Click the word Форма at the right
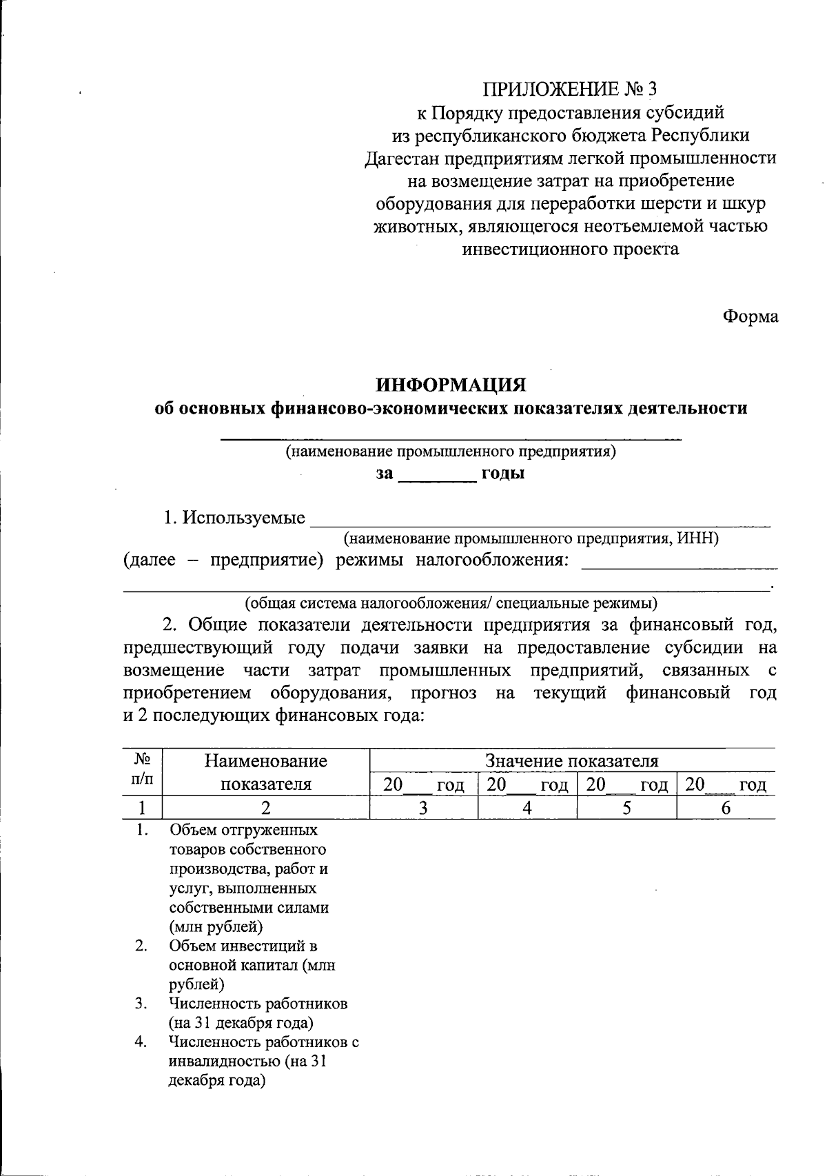click(x=750, y=316)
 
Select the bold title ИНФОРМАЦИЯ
click(x=451, y=383)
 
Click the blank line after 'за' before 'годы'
click(x=438, y=476)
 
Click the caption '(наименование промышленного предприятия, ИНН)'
click(x=531, y=538)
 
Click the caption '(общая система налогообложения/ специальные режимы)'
click(x=451, y=604)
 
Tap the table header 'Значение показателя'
click(x=572, y=761)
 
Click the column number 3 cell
click(x=424, y=809)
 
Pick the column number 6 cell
click(x=726, y=809)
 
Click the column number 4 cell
click(x=527, y=809)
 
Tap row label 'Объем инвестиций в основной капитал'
click(x=252, y=965)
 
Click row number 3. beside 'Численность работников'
click(x=141, y=1003)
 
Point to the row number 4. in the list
click(x=141, y=1042)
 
